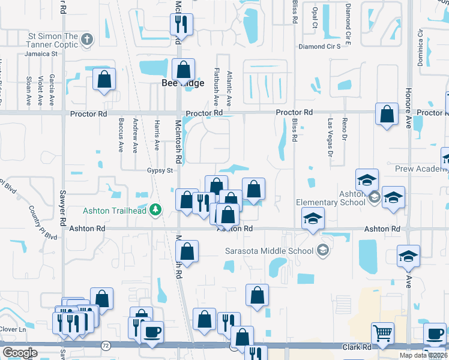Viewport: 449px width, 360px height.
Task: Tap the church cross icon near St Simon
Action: pos(87,40)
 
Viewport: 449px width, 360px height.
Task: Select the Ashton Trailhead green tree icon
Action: pos(156,209)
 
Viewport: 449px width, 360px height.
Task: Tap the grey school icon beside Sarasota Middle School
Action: pos(324,251)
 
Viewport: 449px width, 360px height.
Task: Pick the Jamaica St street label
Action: pos(41,53)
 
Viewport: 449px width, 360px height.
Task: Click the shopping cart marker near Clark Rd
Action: pos(382,332)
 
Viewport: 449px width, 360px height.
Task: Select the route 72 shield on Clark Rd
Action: pos(106,346)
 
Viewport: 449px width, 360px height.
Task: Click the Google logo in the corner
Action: pos(20,353)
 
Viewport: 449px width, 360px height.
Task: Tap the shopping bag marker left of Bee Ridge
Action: pos(104,79)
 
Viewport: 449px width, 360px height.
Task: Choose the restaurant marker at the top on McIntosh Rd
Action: pos(180,24)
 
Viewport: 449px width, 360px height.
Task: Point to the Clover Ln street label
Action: pos(13,329)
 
